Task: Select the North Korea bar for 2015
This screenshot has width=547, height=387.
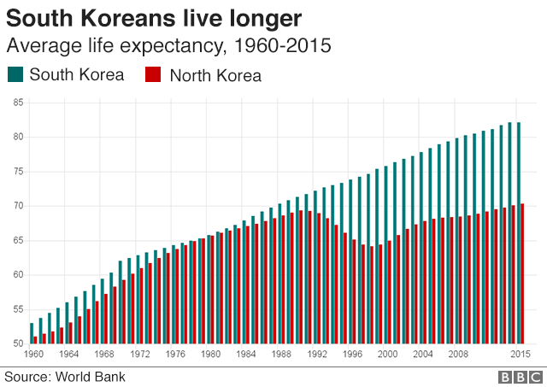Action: (522, 273)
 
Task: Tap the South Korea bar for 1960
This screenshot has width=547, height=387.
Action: (32, 333)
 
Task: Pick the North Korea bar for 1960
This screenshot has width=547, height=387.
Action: (35, 340)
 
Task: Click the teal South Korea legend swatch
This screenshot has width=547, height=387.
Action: (15, 74)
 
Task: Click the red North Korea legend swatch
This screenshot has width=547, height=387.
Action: (155, 74)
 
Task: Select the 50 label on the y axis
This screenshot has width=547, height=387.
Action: (17, 343)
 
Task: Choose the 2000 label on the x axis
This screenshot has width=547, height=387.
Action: (388, 355)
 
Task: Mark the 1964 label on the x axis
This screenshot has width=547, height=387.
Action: (69, 355)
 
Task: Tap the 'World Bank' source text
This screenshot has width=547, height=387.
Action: (95, 375)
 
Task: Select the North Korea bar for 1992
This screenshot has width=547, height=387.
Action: (319, 279)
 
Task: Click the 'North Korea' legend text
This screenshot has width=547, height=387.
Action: (215, 75)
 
